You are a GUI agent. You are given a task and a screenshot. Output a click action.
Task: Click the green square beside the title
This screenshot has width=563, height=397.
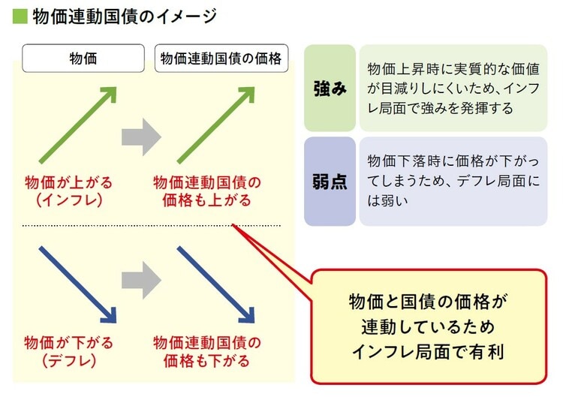(x=20, y=17)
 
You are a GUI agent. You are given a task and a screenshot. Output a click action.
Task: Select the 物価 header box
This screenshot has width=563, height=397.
(x=82, y=59)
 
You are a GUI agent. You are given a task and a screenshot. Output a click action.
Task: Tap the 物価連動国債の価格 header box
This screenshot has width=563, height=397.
(x=222, y=59)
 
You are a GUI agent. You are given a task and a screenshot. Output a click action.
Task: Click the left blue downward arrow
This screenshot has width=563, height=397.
(x=78, y=280)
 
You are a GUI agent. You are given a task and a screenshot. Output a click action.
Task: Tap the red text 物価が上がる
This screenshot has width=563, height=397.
(x=69, y=183)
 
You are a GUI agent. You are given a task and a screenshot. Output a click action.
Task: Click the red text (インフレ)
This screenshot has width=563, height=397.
(x=69, y=200)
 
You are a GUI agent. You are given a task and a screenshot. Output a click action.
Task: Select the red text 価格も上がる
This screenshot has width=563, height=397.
(x=207, y=200)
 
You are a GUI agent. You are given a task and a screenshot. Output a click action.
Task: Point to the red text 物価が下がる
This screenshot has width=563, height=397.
(x=69, y=343)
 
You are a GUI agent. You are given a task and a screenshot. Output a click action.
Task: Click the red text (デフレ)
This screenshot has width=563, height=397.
(x=69, y=360)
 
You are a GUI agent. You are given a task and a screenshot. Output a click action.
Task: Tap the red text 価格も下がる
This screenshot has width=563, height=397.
(x=207, y=360)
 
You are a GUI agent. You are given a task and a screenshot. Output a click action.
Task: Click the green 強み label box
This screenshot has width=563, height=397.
(x=330, y=89)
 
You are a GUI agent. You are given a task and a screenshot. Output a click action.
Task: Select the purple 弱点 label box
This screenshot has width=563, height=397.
(x=330, y=181)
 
